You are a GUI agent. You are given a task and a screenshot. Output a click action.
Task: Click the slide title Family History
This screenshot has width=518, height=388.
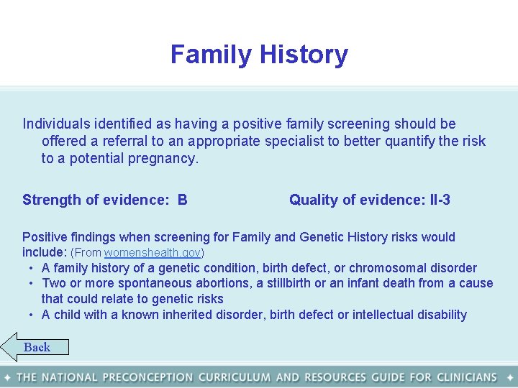coord(259,55)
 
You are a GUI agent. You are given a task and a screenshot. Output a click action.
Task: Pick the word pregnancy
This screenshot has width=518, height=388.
coord(163,159)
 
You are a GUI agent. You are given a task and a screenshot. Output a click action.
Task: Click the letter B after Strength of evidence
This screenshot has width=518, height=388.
coord(182,200)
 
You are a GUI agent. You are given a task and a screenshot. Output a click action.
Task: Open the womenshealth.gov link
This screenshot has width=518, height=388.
coord(153,253)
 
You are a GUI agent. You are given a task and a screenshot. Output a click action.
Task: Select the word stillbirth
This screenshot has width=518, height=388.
coord(296,283)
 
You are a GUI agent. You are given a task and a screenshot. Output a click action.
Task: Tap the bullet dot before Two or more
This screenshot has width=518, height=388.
coord(32,283)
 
